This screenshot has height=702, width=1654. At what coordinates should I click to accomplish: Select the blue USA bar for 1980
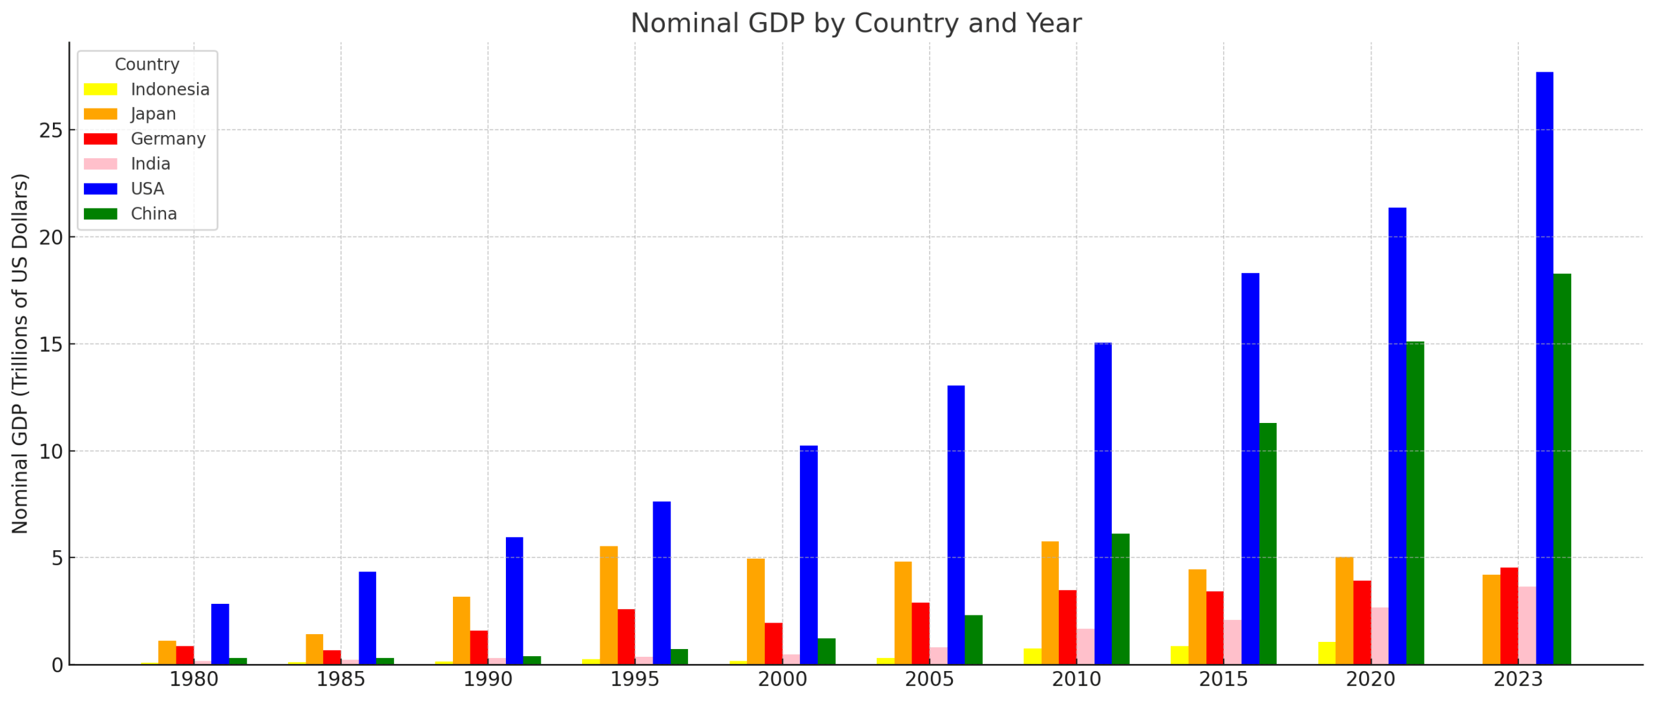[x=220, y=634]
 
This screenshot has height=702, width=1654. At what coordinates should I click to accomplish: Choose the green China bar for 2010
[x=1120, y=599]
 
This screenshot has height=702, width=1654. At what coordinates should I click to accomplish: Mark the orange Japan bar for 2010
[x=1049, y=602]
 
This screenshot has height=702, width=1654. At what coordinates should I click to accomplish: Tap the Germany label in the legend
[x=167, y=139]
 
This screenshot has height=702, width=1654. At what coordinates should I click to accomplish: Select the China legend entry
[x=153, y=214]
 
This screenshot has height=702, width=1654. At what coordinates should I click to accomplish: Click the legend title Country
[x=147, y=65]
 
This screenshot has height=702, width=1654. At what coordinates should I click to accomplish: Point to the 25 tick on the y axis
[x=51, y=130]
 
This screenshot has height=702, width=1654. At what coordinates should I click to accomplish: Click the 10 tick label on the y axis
[x=51, y=451]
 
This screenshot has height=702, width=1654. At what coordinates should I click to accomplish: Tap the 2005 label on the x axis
[x=928, y=679]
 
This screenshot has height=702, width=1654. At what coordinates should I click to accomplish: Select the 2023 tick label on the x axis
[x=1517, y=679]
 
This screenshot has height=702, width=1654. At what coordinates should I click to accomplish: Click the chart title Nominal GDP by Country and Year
[x=855, y=23]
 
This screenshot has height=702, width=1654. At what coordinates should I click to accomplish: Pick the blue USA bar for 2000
[x=808, y=555]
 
